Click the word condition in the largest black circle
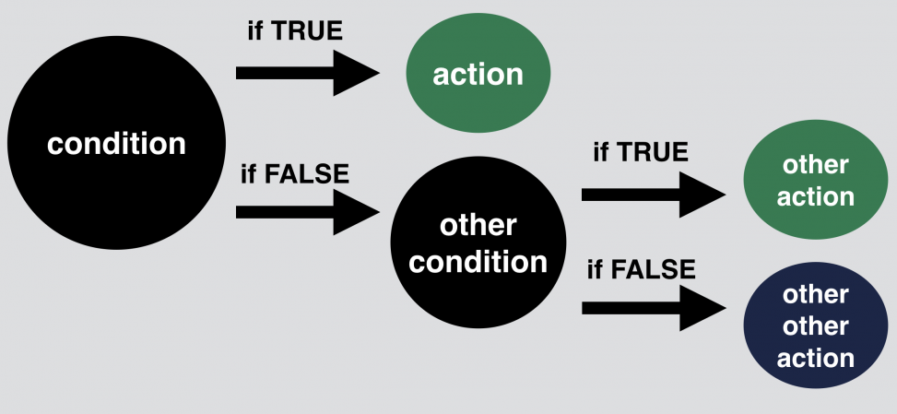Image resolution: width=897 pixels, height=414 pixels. point(116,145)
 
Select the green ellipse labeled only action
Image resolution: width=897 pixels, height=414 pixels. point(478,74)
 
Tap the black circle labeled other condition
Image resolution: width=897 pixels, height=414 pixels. point(478,242)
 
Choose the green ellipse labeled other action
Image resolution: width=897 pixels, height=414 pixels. point(815,181)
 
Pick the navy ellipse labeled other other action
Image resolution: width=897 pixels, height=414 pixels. point(815,325)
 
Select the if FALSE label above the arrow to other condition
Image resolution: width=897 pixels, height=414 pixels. point(295,174)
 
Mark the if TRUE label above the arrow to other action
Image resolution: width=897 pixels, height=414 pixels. point(640,152)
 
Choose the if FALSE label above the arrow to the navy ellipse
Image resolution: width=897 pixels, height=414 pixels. point(641,270)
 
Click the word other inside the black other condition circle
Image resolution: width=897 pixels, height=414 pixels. point(478,225)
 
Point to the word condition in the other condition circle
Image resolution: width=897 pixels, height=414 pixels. point(478,262)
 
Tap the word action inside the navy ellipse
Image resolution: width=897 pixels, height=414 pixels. point(815,357)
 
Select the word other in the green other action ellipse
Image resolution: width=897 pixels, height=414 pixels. point(815,165)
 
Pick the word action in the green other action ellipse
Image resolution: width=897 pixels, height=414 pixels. point(815,196)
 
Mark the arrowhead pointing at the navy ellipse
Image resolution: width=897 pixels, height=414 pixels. point(703,307)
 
